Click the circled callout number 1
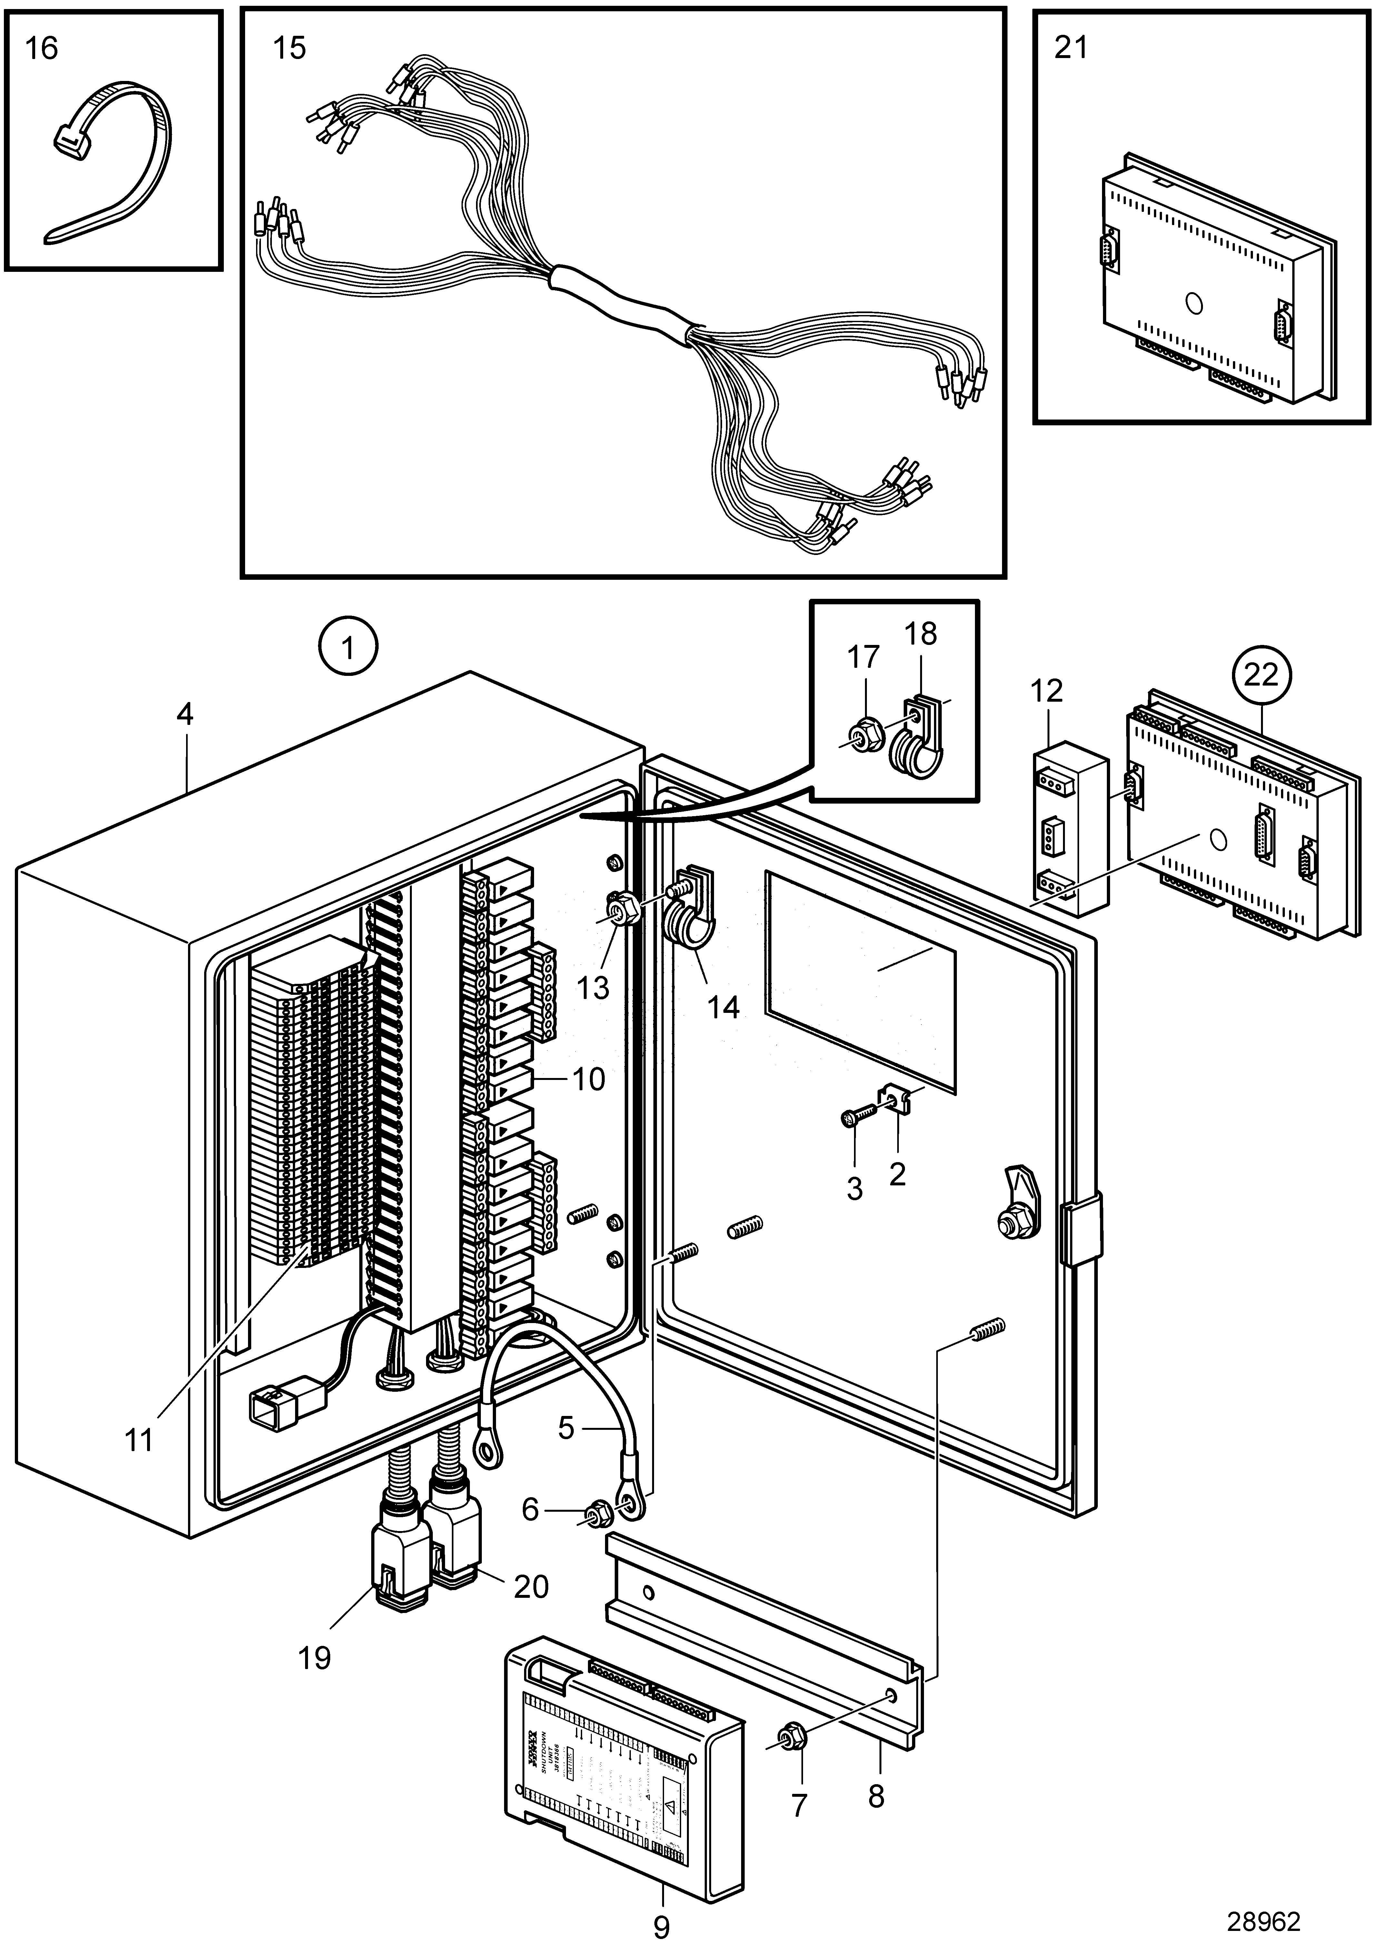click(x=347, y=648)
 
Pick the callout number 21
click(x=1071, y=48)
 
